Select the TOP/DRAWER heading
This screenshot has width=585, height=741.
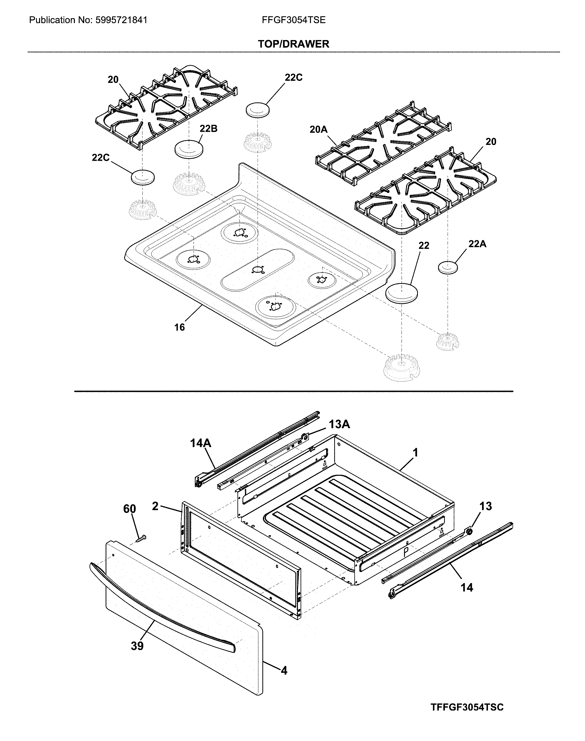pos(294,44)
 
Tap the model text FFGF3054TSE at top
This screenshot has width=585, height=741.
pos(294,20)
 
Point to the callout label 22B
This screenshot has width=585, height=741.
pos(209,129)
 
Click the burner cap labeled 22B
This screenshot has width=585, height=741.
pos(189,149)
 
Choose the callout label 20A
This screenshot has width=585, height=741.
pos(319,129)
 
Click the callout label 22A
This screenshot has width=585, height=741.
pos(477,244)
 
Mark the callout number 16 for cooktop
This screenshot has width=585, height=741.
pos(179,327)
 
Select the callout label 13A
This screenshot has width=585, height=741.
pos(340,424)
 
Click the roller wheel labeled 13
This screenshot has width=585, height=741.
pos(469,531)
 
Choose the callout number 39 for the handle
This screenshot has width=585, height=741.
pos(137,646)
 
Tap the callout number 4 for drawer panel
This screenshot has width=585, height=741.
pos(284,671)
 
